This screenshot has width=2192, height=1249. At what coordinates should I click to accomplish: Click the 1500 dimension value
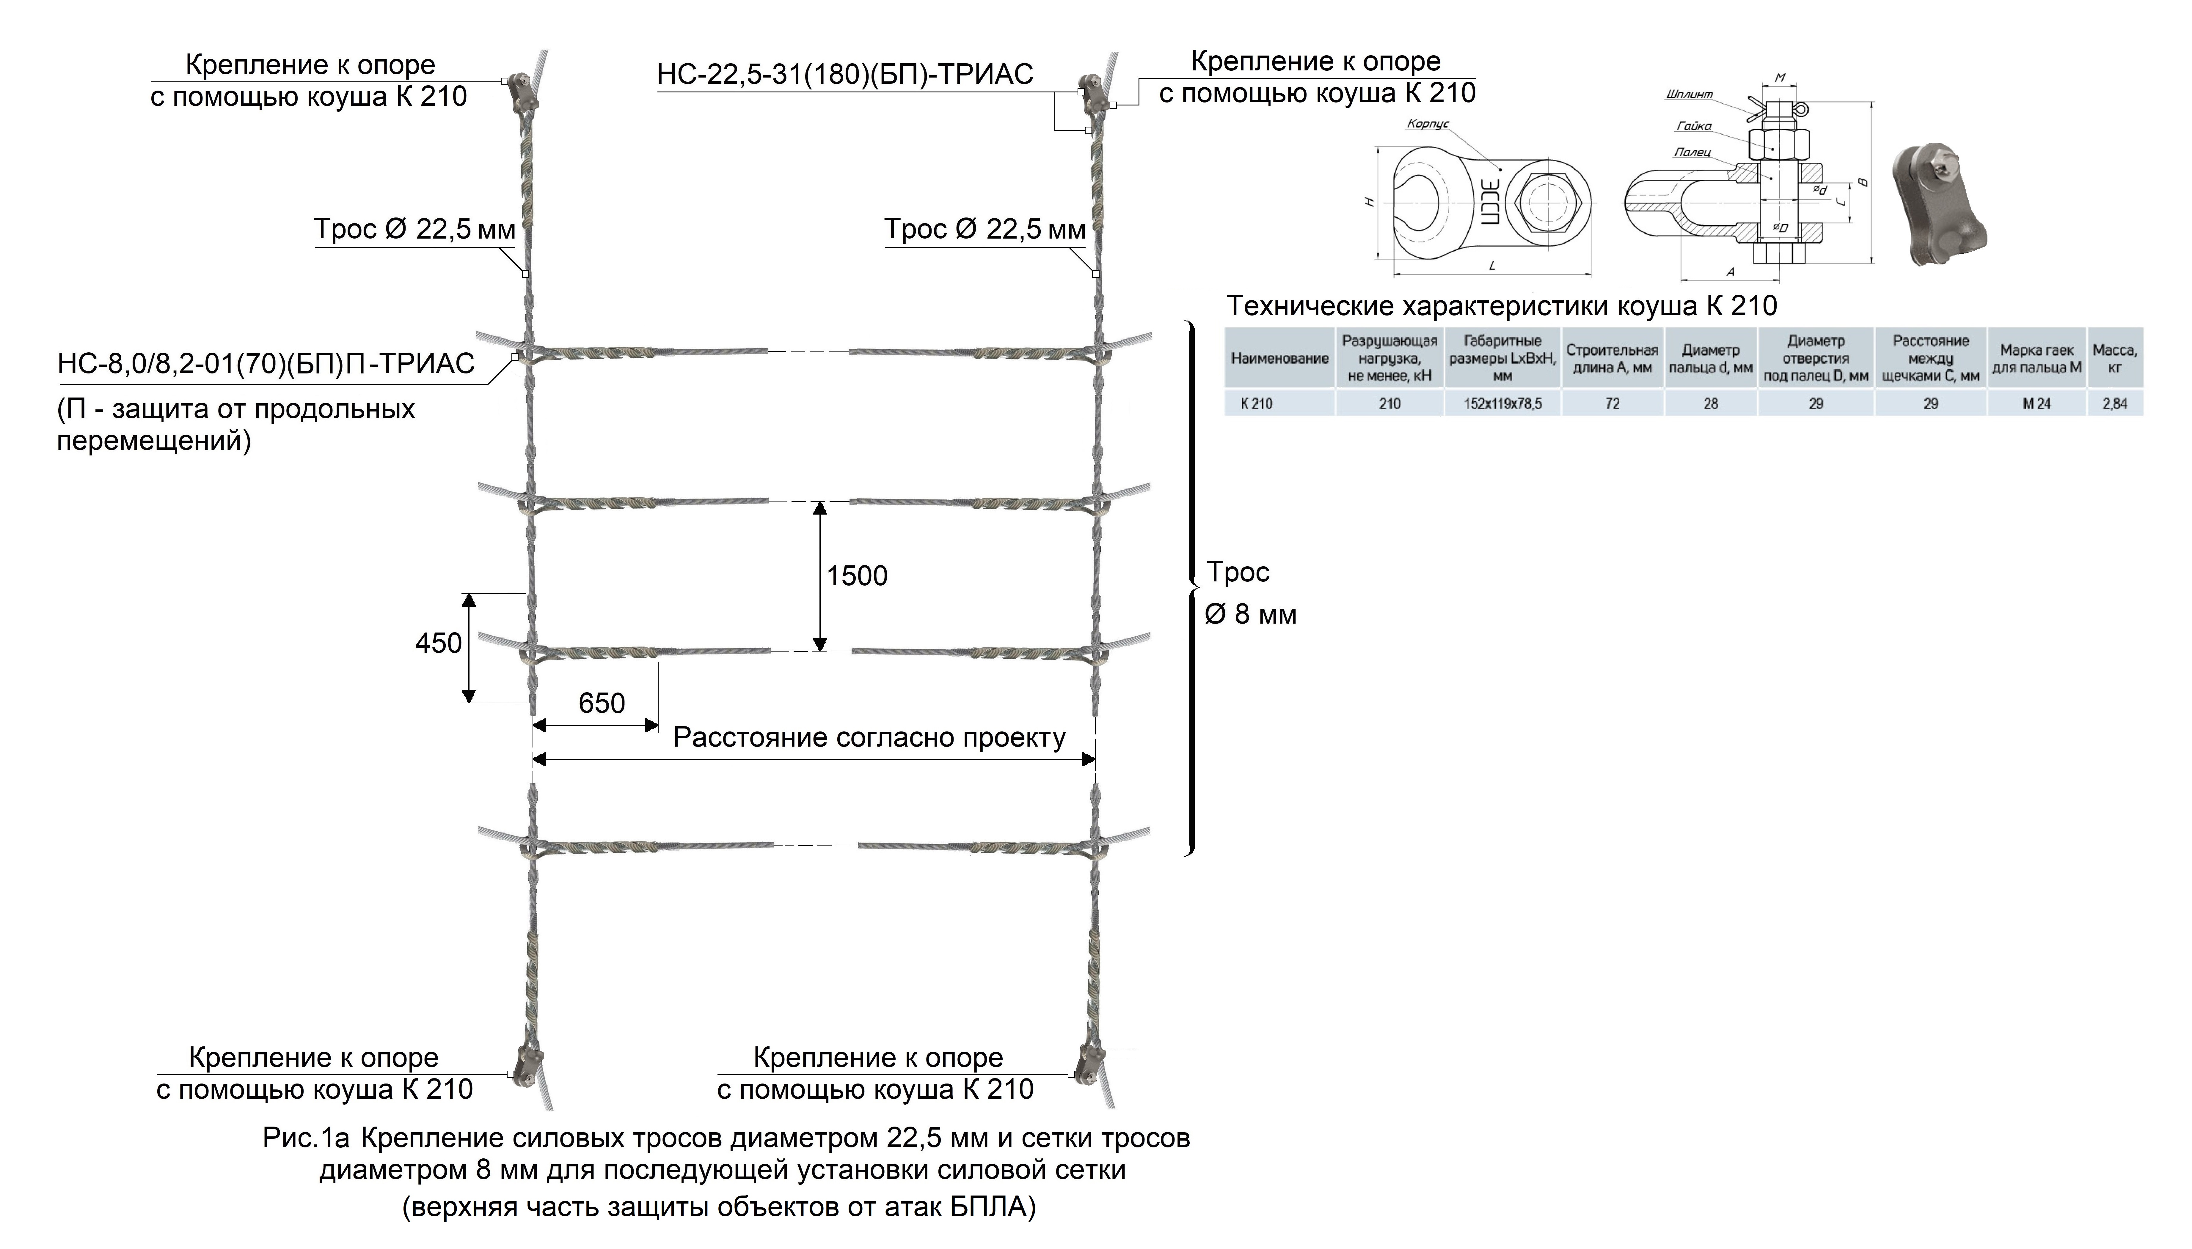[857, 575]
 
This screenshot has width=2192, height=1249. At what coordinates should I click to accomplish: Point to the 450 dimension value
[439, 644]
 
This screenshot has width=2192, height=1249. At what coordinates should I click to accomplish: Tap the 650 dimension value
[602, 704]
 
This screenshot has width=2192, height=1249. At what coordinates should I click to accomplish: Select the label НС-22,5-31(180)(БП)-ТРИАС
[845, 75]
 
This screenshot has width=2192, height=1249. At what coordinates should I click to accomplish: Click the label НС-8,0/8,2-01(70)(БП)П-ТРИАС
[266, 364]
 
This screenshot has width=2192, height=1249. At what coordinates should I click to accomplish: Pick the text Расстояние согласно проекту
[869, 738]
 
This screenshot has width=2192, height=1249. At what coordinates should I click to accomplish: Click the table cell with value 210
[1389, 403]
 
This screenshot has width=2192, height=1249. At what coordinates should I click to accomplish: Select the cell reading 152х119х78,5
[1503, 403]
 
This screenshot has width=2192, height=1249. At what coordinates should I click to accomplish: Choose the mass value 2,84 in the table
[2115, 403]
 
